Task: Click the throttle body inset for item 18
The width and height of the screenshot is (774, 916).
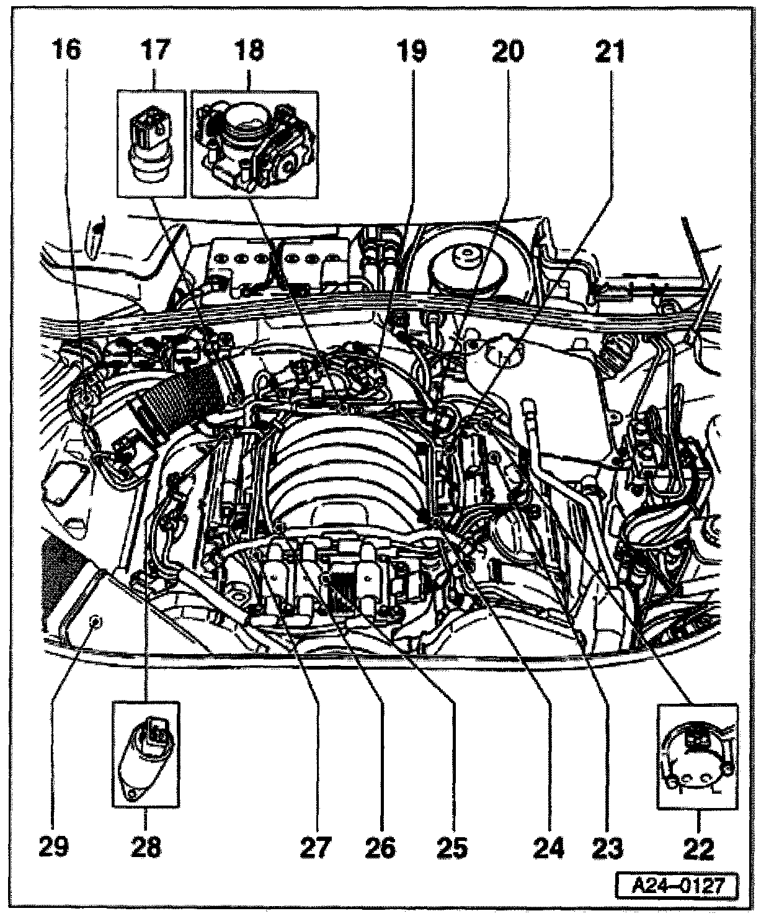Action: click(x=254, y=143)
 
